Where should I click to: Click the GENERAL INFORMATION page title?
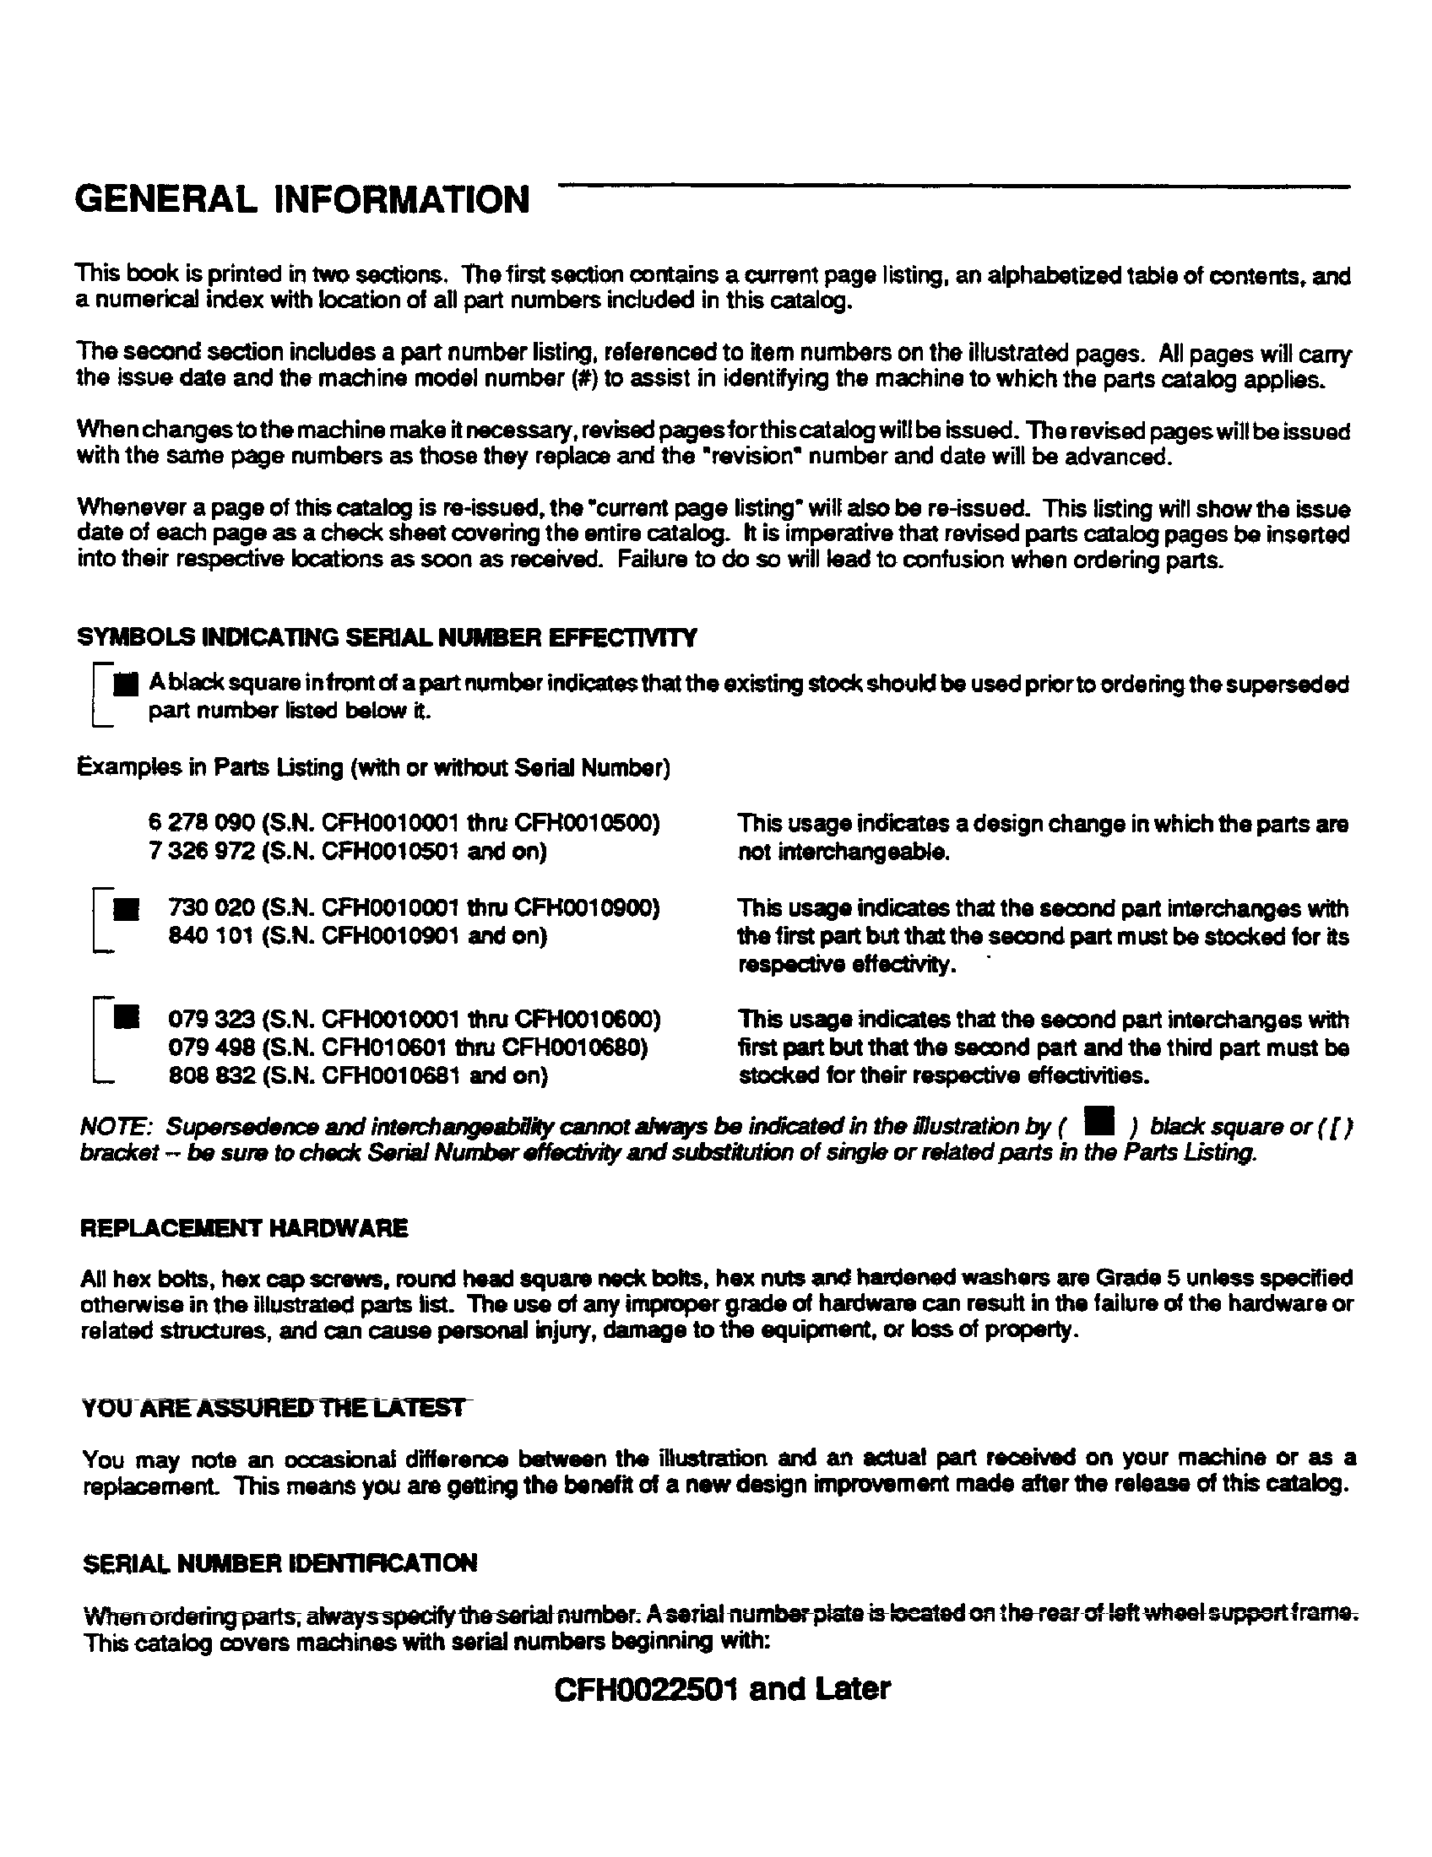pyautogui.click(x=302, y=201)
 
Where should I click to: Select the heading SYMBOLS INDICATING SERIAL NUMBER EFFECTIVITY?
pyautogui.click(x=387, y=636)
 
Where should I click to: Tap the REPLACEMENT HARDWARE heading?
pyautogui.click(x=244, y=1228)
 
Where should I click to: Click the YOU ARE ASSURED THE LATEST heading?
pyautogui.click(x=273, y=1407)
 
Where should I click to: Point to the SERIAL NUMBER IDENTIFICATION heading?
pyautogui.click(x=280, y=1562)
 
